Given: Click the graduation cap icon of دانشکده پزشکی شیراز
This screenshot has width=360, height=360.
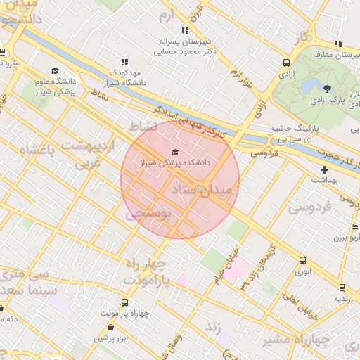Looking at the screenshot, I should [174, 151].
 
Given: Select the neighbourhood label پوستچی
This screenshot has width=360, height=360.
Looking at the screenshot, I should [148, 214].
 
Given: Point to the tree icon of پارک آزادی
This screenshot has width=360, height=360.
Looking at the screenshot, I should [328, 88].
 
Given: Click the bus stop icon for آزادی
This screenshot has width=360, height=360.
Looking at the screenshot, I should [286, 62].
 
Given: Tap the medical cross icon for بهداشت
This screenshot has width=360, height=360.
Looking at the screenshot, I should [324, 169].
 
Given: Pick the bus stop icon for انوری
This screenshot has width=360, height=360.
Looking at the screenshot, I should [302, 260].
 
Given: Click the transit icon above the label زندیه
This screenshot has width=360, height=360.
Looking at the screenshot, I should [341, 287].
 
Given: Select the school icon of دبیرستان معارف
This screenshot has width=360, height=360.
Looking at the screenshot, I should [338, 44].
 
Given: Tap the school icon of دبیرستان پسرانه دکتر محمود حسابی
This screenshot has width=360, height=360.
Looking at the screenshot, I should [184, 30].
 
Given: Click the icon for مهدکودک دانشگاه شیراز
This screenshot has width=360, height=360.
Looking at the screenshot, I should [125, 62].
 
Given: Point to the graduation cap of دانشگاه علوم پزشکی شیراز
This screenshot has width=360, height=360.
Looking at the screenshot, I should [55, 70].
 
